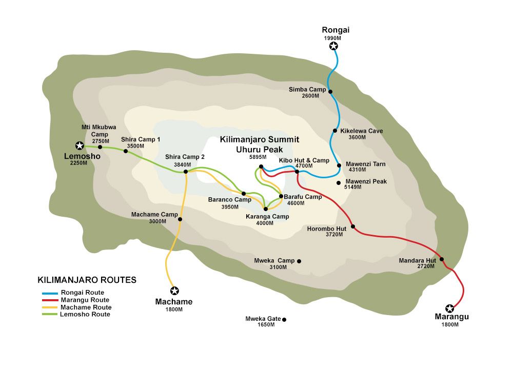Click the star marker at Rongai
[333, 47]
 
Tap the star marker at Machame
[174, 290]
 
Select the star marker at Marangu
[450, 308]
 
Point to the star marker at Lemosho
[79, 146]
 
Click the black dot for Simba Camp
[330, 92]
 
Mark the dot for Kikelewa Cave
[335, 131]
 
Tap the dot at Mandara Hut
[442, 259]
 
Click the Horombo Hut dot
[353, 226]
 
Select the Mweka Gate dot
[284, 320]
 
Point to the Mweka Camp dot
[299, 261]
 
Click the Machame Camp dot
[180, 219]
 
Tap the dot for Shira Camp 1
[126, 151]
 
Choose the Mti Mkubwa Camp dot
[100, 147]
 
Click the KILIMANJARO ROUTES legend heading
[87, 280]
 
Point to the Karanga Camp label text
[267, 217]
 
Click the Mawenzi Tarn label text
[365, 164]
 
